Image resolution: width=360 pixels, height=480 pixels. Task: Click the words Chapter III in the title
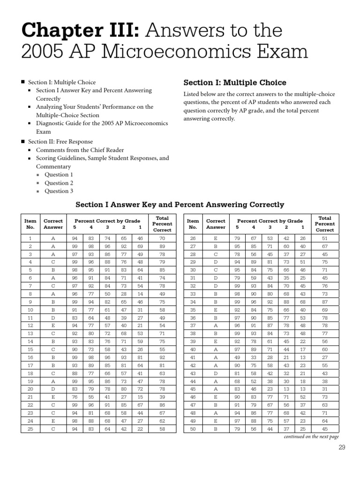(x=79, y=31)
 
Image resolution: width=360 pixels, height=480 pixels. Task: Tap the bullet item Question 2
(x=59, y=183)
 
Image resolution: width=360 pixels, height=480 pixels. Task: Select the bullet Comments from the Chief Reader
(x=80, y=150)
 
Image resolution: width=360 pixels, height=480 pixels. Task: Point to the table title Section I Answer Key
(x=180, y=204)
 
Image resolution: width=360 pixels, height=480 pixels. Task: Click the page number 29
(x=341, y=447)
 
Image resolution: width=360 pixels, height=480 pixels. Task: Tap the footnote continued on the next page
(x=311, y=436)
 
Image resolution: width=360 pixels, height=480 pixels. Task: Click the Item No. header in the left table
(x=30, y=224)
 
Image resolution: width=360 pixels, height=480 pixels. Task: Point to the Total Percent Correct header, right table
(x=324, y=224)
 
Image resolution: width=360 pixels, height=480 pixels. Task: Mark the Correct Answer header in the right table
(x=216, y=224)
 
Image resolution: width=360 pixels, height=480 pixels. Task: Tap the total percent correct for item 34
(x=324, y=302)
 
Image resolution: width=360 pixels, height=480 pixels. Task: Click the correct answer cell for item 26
(x=216, y=238)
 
